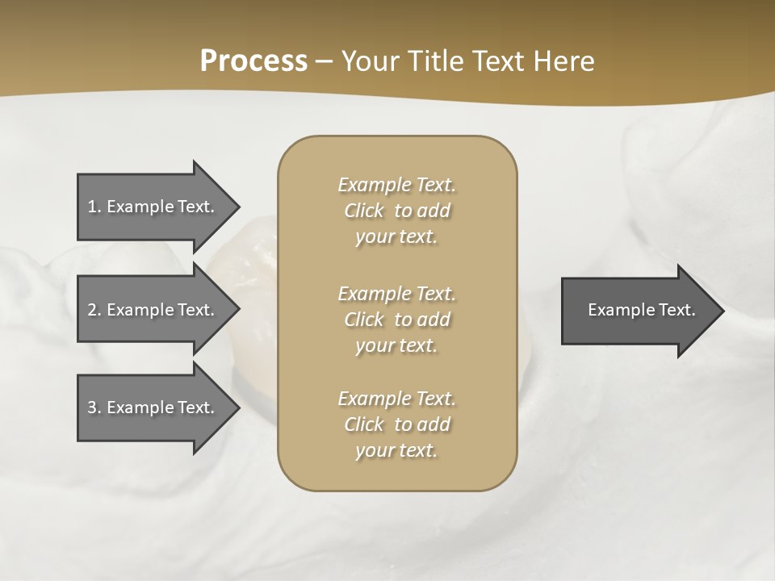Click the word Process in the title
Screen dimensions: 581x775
coord(253,61)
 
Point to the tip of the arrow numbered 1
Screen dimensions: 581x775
coord(238,207)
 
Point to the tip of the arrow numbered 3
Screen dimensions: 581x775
coord(238,408)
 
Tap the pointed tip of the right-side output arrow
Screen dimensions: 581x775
coord(723,311)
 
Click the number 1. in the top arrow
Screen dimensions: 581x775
coord(94,207)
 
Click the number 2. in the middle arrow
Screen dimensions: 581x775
coord(94,310)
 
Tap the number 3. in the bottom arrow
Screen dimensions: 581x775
coord(94,408)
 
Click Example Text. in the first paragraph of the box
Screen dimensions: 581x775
coord(396,185)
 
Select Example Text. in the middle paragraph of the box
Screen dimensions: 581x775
coord(396,294)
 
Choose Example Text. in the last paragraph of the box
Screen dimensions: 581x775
coord(396,399)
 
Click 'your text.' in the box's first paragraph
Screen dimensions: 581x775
coord(396,237)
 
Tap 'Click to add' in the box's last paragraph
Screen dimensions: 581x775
coord(396,424)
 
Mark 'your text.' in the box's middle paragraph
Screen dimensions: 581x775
coord(396,346)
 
